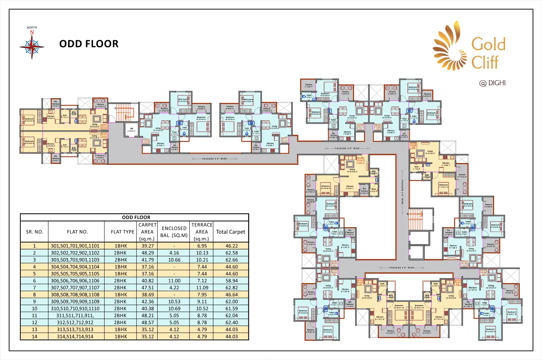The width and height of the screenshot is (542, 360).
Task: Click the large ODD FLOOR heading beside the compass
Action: (89, 44)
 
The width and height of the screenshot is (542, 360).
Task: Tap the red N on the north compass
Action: (32, 33)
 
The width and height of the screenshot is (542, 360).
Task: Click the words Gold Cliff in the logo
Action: (488, 53)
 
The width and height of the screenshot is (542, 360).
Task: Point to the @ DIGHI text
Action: (492, 83)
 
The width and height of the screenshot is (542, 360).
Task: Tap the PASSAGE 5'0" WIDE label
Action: (215, 159)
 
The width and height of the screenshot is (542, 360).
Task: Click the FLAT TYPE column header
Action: (122, 232)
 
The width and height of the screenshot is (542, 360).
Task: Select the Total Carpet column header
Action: (231, 232)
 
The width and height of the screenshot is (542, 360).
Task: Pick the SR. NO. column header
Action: (35, 232)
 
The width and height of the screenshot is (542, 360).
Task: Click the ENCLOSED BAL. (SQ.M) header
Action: (174, 232)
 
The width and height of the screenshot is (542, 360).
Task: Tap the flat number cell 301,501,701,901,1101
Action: (75, 246)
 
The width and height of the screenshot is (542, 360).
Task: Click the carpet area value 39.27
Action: (148, 246)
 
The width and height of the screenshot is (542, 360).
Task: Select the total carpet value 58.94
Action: (232, 281)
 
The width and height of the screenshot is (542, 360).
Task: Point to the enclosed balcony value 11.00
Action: (174, 281)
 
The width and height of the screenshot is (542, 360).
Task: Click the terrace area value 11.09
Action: (202, 288)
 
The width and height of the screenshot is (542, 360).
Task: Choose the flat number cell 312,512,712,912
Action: (75, 323)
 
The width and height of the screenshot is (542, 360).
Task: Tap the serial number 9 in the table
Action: (35, 302)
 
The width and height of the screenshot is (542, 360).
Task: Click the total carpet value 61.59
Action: (232, 309)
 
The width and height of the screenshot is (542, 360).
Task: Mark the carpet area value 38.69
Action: (148, 295)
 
